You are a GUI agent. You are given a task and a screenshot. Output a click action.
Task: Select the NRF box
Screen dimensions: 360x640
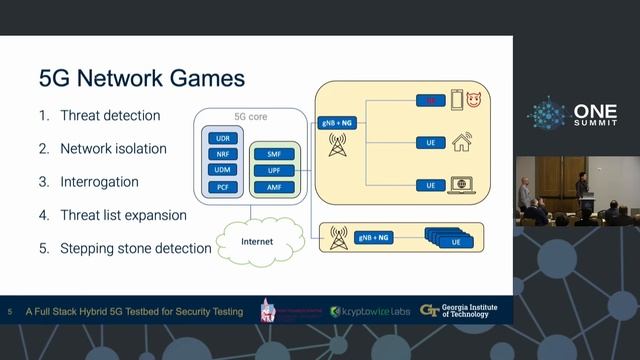click(223, 155)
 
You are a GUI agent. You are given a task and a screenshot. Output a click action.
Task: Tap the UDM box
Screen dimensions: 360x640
click(223, 170)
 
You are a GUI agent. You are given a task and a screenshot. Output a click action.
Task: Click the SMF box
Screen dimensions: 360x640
click(274, 155)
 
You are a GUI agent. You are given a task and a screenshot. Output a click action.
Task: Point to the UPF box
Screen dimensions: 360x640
click(274, 170)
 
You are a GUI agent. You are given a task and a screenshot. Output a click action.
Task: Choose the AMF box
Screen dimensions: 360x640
click(274, 186)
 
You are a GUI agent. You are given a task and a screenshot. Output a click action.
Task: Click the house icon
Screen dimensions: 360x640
click(461, 142)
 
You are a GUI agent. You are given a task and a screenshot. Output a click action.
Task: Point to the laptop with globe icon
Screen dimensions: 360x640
click(462, 185)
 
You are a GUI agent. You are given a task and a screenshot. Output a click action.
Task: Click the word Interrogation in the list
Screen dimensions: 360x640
click(99, 182)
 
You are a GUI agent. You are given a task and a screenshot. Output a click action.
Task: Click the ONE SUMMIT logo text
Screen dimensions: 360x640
click(595, 114)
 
